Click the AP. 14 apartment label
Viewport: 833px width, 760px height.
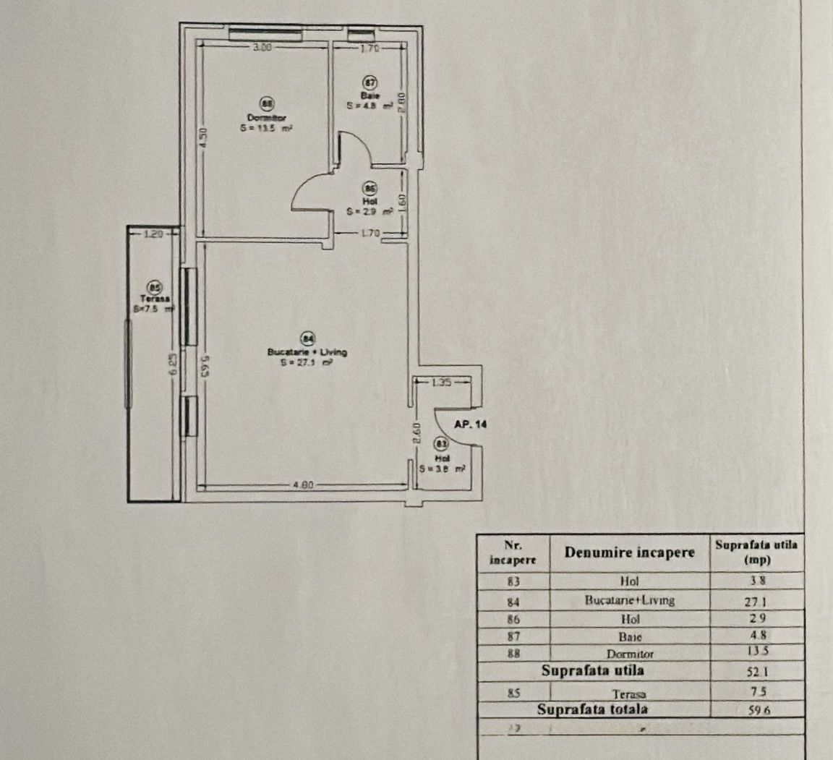[471, 424]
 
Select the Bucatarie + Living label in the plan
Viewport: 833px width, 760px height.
[307, 352]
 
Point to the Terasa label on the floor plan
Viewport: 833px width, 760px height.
[155, 299]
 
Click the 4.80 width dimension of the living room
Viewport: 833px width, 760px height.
[302, 485]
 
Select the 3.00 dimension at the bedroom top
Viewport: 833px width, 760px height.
[262, 48]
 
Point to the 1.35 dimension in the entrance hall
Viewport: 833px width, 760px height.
[441, 382]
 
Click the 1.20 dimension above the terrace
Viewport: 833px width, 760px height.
[153, 234]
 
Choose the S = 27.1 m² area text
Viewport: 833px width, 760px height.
[307, 364]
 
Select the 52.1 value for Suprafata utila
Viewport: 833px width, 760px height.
[757, 672]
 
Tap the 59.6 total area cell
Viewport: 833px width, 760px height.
[759, 710]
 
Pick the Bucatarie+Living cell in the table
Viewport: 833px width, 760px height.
[629, 600]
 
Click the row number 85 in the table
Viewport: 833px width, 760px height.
[513, 693]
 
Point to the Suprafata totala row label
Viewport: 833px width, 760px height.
[592, 709]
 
